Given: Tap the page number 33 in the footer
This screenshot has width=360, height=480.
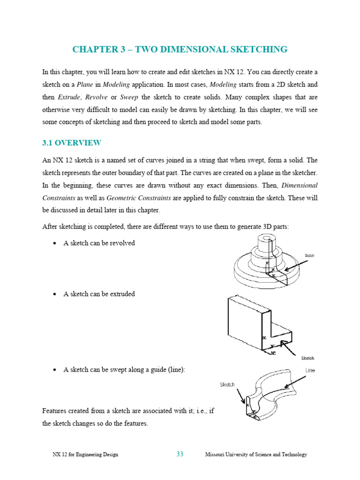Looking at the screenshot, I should [x=180, y=454].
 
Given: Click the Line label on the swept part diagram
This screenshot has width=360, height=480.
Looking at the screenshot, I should [x=310, y=370].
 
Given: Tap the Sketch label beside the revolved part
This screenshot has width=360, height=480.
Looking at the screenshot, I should [x=310, y=255].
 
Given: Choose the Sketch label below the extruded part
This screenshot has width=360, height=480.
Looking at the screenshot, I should [x=307, y=358].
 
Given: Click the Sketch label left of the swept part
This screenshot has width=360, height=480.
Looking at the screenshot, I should [x=227, y=385].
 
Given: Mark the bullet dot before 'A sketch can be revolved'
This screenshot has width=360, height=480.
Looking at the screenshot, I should [x=54, y=243].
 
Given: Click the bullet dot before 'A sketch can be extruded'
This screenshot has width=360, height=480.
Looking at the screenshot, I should [x=54, y=294].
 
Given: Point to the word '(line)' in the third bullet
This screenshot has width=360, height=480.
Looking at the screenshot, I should [x=176, y=369].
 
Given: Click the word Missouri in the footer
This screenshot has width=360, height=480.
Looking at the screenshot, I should [x=216, y=454].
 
